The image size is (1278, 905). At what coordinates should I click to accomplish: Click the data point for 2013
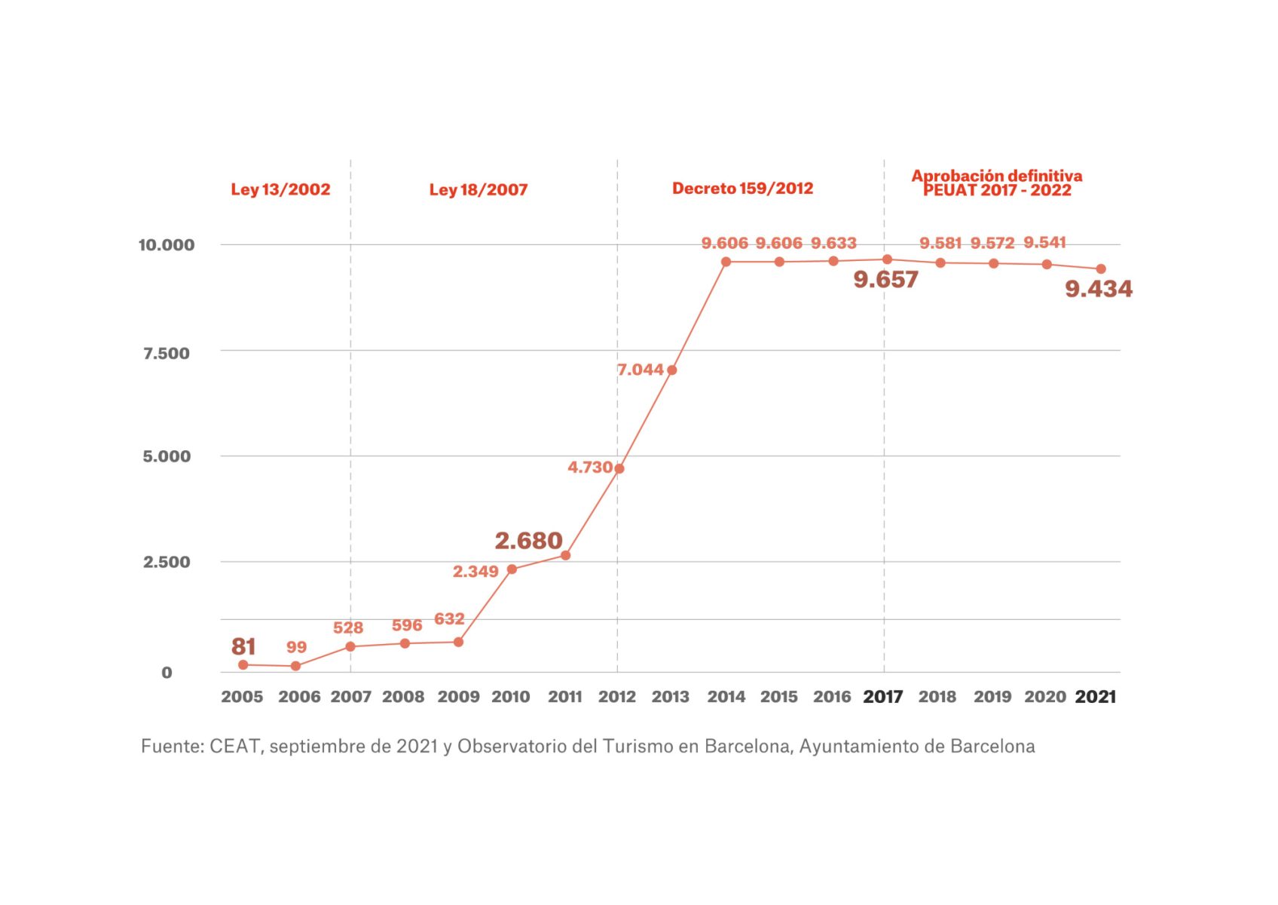pos(671,370)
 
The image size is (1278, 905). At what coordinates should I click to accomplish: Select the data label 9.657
pos(885,280)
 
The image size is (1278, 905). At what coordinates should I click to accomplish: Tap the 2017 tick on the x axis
pos(883,697)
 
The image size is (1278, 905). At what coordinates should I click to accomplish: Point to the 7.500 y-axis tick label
pos(167,353)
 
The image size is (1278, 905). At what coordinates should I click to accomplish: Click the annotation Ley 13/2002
pos(280,189)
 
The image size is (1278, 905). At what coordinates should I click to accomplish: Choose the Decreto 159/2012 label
pos(742,189)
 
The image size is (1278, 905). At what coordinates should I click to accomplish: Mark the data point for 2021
pos(1101,269)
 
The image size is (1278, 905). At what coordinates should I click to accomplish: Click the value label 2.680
pos(528,541)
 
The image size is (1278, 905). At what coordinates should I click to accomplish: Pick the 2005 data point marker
pos(243,665)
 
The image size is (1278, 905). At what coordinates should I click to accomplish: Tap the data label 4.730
pos(589,468)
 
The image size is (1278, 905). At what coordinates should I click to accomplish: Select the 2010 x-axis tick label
pos(511,697)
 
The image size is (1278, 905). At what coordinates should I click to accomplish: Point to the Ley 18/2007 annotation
pos(478,189)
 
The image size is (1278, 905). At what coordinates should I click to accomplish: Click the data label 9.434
pos(1098,289)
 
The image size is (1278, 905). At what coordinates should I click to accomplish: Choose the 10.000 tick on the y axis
pos(166,244)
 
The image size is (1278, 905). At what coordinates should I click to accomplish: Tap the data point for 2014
pos(726,262)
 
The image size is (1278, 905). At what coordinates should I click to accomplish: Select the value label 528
pos(348,627)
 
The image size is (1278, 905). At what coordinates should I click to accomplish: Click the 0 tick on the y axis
pos(167,673)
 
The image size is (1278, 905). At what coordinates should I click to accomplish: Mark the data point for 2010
pos(512,569)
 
